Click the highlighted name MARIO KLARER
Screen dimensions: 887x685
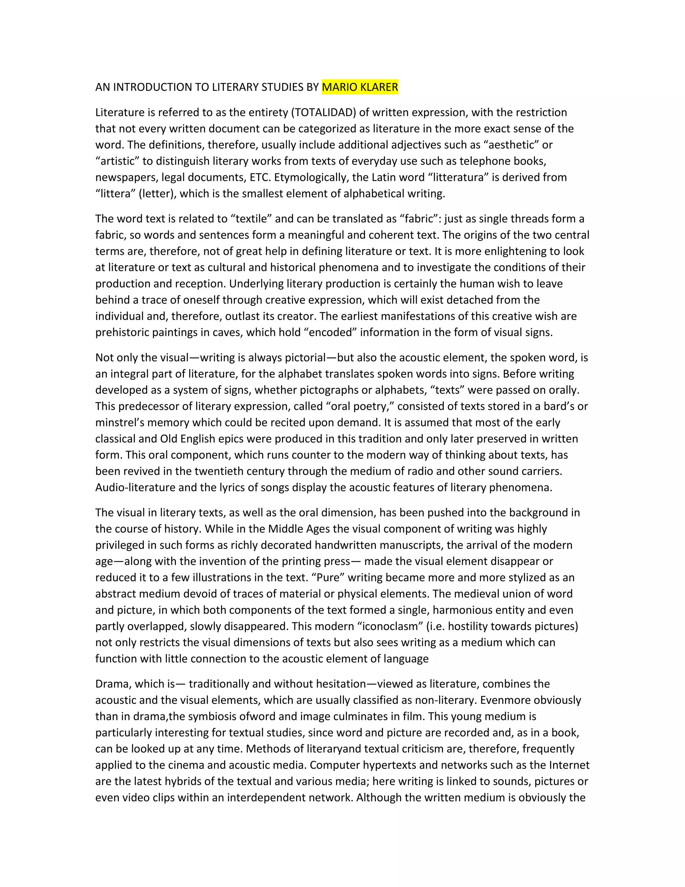360,87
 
